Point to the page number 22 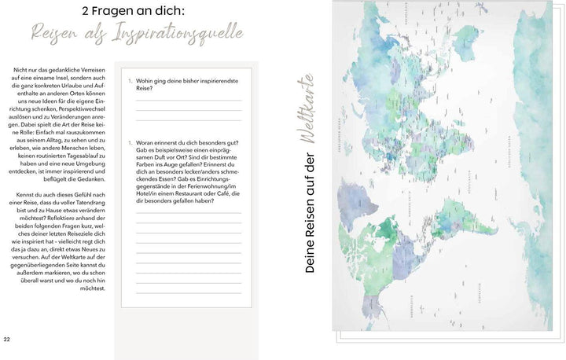coord(7,340)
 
